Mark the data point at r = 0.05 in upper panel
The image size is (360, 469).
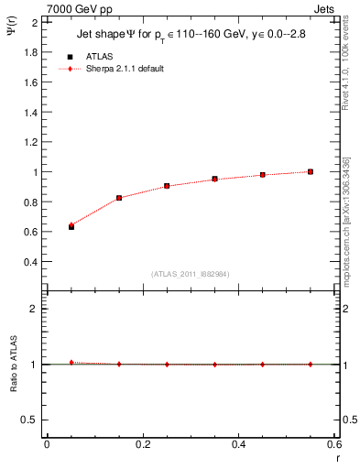71,225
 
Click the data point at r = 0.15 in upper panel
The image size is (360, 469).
119,198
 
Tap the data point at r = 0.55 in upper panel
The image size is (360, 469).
311,171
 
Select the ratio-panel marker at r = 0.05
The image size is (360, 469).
71,363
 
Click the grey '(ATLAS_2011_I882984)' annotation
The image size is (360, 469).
190,273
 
